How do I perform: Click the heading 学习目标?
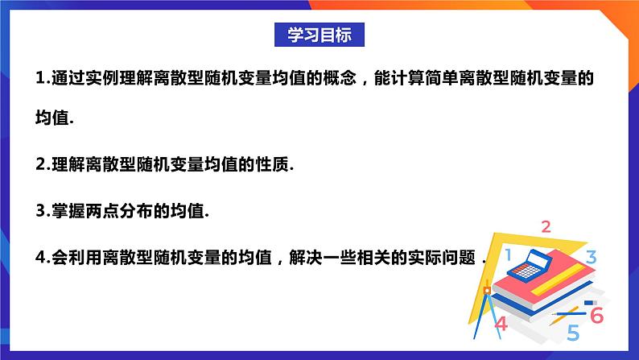pyautogui.click(x=319, y=35)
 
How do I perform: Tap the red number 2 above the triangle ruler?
pyautogui.click(x=546, y=226)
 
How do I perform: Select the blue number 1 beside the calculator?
pyautogui.click(x=508, y=256)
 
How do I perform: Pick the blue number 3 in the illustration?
pyautogui.click(x=591, y=258)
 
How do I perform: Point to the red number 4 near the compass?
pyautogui.click(x=501, y=324)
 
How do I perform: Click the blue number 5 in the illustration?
pyautogui.click(x=573, y=332)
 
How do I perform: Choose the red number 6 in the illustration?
pyautogui.click(x=596, y=315)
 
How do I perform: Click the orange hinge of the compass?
pyautogui.click(x=486, y=289)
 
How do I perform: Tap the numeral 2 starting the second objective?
pyautogui.click(x=40, y=165)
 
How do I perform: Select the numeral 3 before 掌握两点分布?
pyautogui.click(x=40, y=212)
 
